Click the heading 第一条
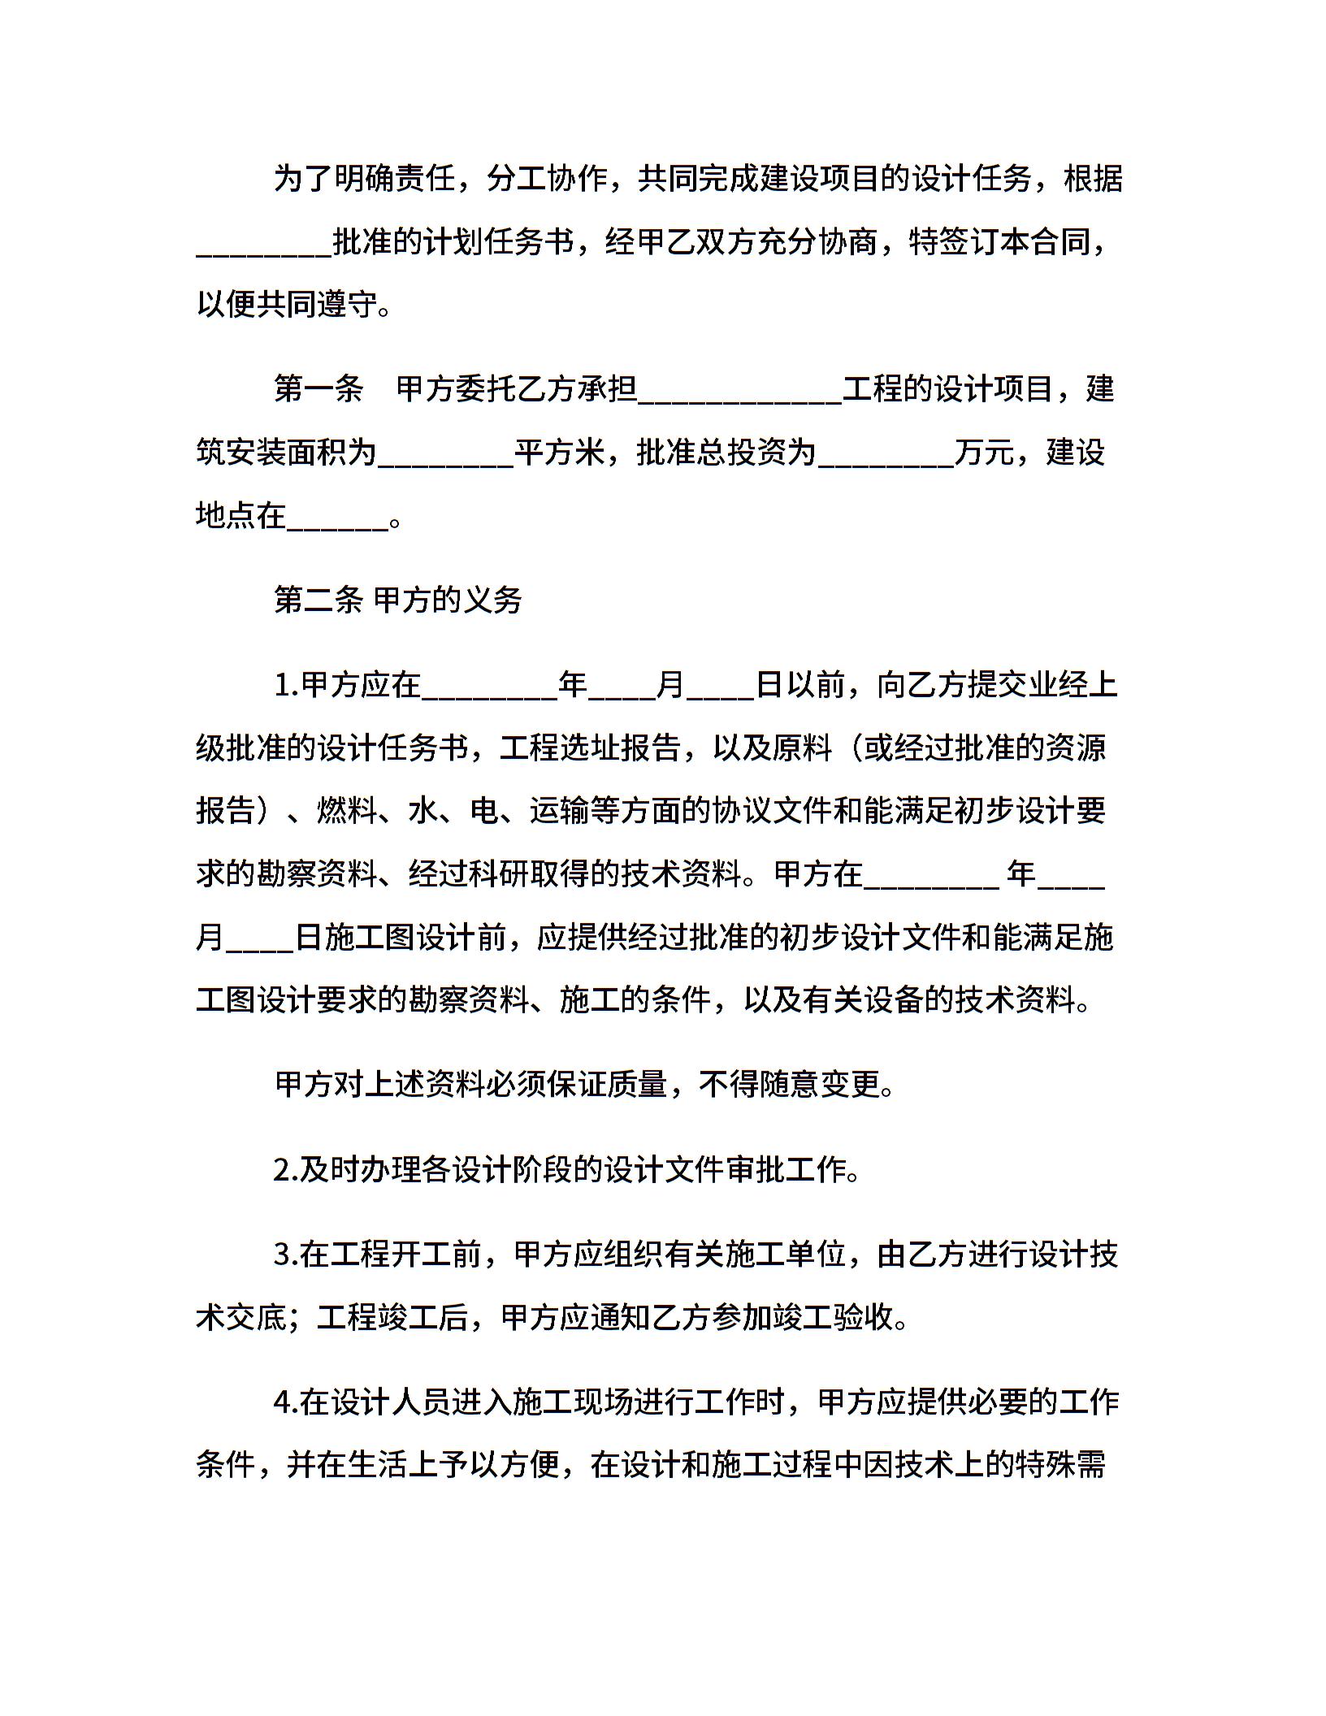[x=318, y=389]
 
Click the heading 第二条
[x=318, y=600]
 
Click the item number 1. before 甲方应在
[x=287, y=685]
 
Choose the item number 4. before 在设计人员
[x=287, y=1402]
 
